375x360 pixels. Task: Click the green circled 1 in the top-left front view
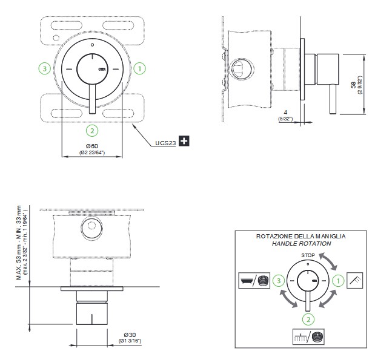[x=139, y=68]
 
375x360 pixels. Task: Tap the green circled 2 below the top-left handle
[x=91, y=130]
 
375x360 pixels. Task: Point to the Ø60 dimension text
[x=92, y=146]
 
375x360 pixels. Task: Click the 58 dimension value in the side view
[x=353, y=85]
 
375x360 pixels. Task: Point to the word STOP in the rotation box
[x=308, y=255]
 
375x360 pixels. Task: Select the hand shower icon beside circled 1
[x=356, y=281]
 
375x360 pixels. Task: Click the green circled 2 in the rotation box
[x=308, y=318]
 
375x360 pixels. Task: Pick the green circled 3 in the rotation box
[x=277, y=281]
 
